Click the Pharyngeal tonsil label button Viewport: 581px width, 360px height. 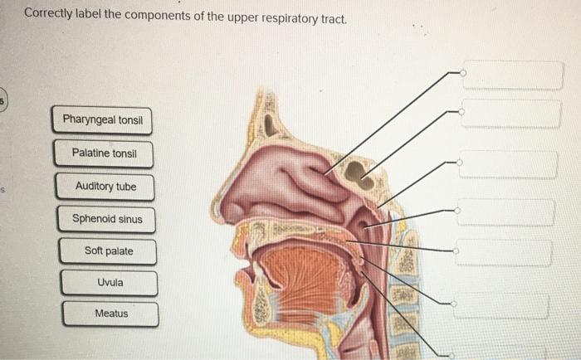[x=103, y=121]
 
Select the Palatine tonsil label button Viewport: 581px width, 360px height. [x=104, y=153]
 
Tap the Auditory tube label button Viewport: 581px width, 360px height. [x=105, y=187]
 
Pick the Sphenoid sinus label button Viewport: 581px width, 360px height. [x=107, y=219]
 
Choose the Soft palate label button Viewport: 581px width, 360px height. [x=108, y=251]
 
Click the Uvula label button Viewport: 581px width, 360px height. [x=110, y=282]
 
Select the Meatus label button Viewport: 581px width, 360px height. [x=111, y=314]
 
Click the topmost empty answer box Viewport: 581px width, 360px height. [x=506, y=74]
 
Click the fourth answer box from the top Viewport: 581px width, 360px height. [x=505, y=212]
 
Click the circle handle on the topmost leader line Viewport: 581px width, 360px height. [x=463, y=73]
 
